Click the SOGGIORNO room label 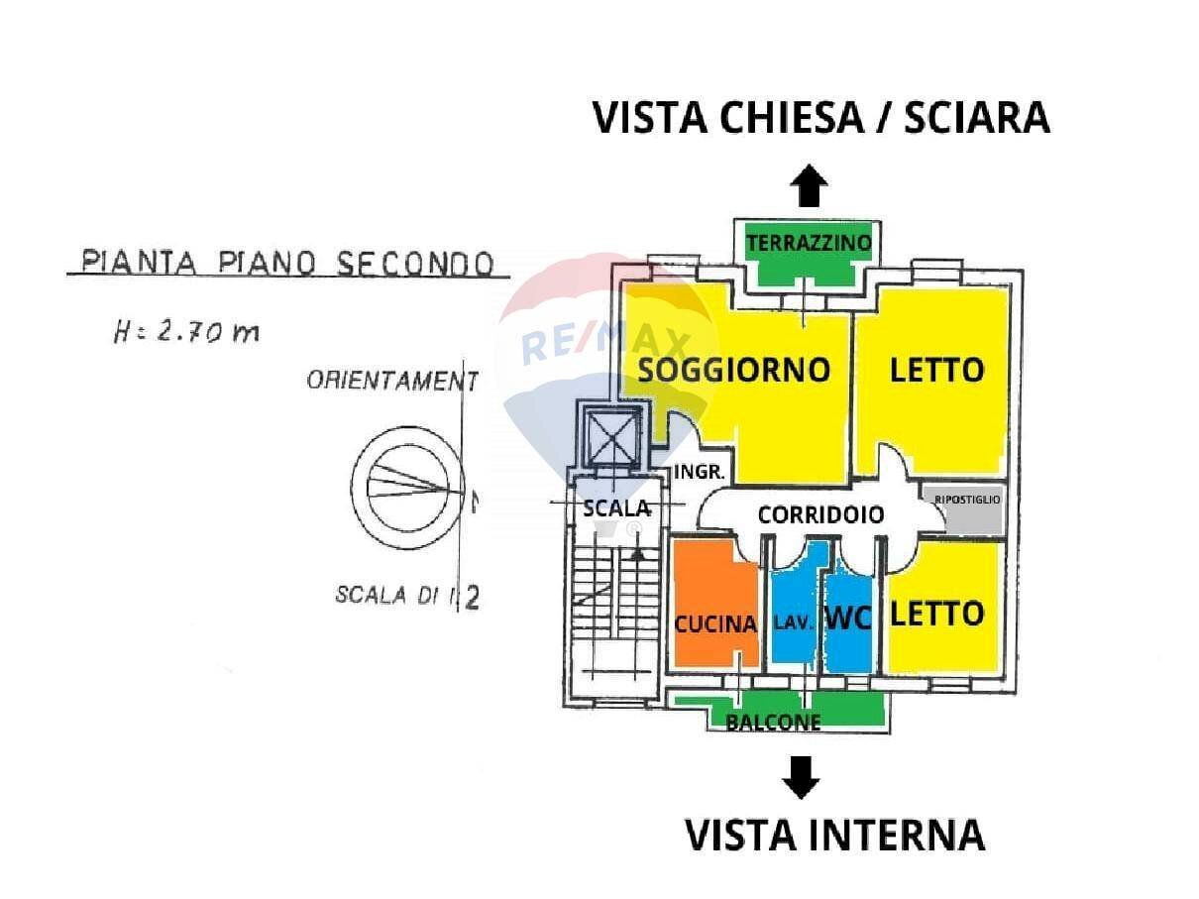coord(733,370)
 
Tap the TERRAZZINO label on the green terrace coord(809,242)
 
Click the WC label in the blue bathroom coord(848,618)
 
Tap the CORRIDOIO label coord(820,514)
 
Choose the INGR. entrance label coord(701,473)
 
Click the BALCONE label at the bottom coord(773,723)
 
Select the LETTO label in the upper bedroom coord(936,370)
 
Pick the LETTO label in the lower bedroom coord(936,614)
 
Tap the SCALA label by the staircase coord(616,507)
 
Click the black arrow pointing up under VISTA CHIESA coord(810,185)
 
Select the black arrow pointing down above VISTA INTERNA coord(801,777)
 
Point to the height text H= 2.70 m coord(186,332)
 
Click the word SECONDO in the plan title coord(414,263)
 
